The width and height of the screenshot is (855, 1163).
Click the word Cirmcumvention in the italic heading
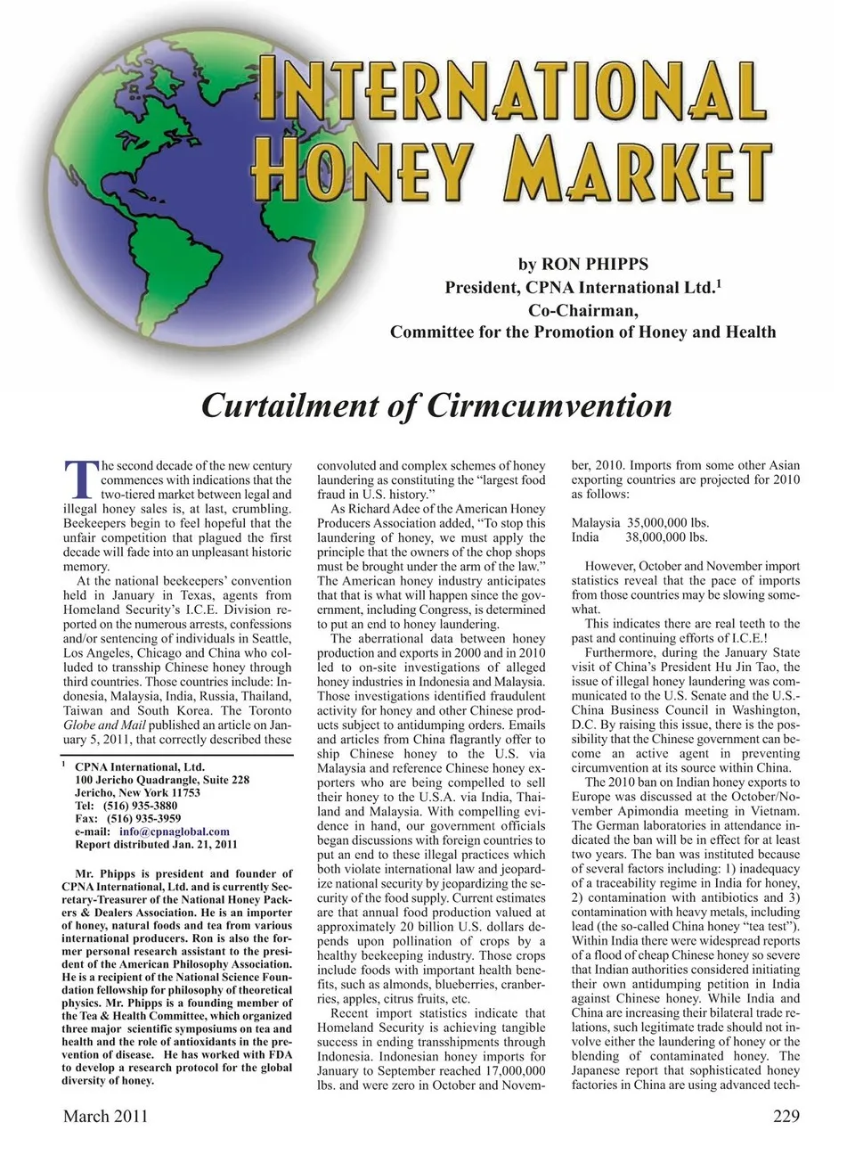click(x=550, y=405)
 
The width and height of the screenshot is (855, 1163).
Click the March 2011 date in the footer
click(x=105, y=1116)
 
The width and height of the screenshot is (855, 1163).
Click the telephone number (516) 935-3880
click(x=143, y=806)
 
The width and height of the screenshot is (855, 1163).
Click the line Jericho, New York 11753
click(x=137, y=792)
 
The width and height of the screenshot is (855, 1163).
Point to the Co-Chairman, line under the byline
click(x=583, y=310)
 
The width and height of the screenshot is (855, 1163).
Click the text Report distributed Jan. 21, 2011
click(x=156, y=844)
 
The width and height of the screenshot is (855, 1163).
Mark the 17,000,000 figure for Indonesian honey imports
click(x=508, y=1070)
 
